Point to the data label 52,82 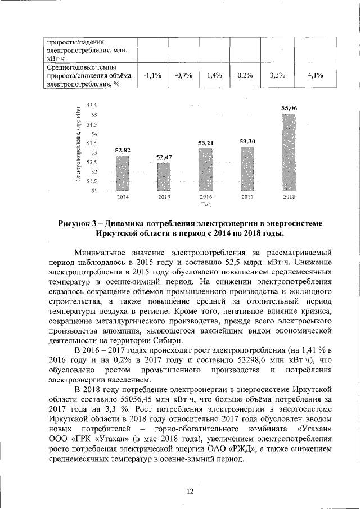click(x=123, y=150)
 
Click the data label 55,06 click(x=289, y=107)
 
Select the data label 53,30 click(x=247, y=141)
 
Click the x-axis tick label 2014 click(x=123, y=197)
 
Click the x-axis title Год click(x=206, y=205)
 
